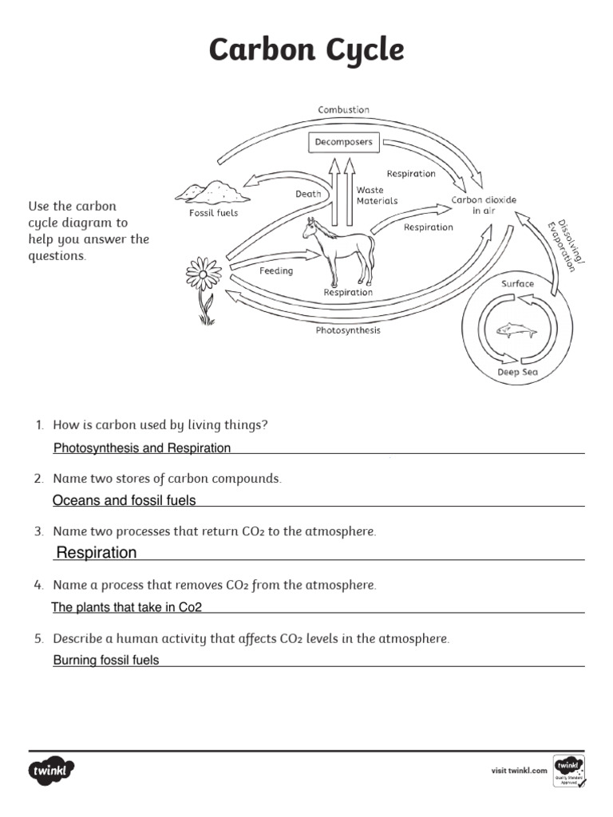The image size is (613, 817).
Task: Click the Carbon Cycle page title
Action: click(306, 50)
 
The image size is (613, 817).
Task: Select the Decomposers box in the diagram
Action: click(342, 143)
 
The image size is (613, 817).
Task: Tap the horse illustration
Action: click(339, 251)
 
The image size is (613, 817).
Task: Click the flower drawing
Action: click(204, 286)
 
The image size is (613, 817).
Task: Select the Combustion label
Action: click(343, 109)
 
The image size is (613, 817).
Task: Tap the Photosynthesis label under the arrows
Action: click(348, 330)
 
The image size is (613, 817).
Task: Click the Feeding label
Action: click(276, 271)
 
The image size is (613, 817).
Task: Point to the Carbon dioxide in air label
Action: click(484, 205)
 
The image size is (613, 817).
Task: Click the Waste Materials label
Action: click(376, 195)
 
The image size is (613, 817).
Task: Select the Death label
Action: click(308, 194)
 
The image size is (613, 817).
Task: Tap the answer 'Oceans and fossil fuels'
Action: click(124, 501)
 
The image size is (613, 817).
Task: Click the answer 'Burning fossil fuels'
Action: click(106, 661)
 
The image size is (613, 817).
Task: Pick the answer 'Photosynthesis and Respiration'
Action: click(142, 448)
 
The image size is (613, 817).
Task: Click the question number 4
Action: click(38, 586)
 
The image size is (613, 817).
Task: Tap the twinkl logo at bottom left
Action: click(52, 771)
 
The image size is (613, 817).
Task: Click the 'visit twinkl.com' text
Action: click(518, 771)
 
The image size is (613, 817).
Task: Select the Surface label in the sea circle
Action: click(517, 284)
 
